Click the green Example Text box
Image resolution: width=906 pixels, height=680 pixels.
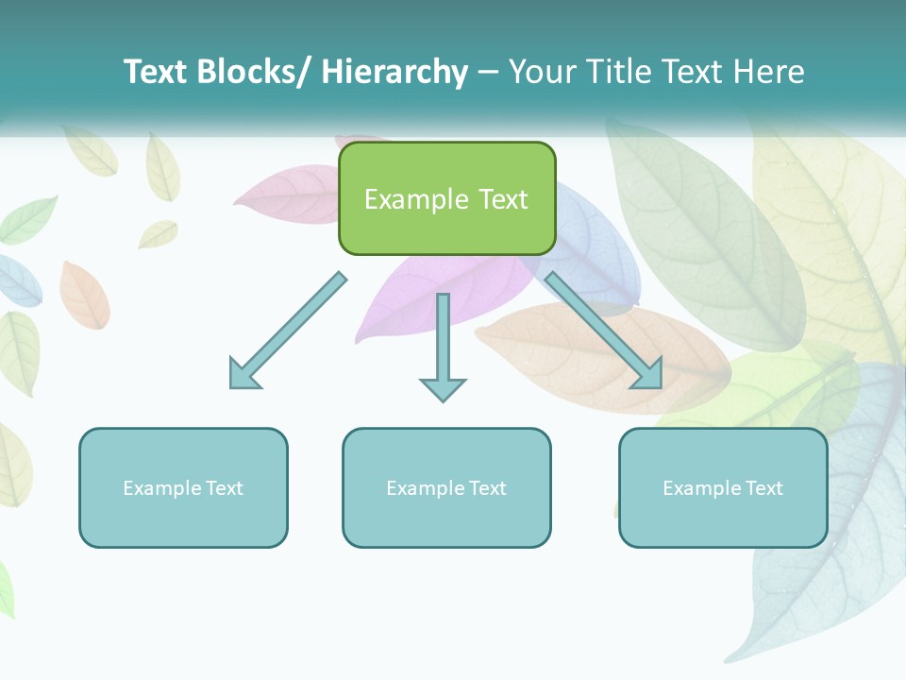(446, 198)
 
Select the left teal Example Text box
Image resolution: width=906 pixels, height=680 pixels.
(183, 487)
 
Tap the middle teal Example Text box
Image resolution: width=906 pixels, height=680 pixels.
(446, 487)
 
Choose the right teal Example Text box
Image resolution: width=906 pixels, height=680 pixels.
(723, 487)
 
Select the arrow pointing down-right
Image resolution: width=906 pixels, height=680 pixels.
(604, 331)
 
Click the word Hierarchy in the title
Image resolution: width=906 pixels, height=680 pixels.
(394, 72)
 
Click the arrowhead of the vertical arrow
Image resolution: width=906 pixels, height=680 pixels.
(443, 388)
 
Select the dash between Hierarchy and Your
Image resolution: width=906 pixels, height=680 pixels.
(488, 72)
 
